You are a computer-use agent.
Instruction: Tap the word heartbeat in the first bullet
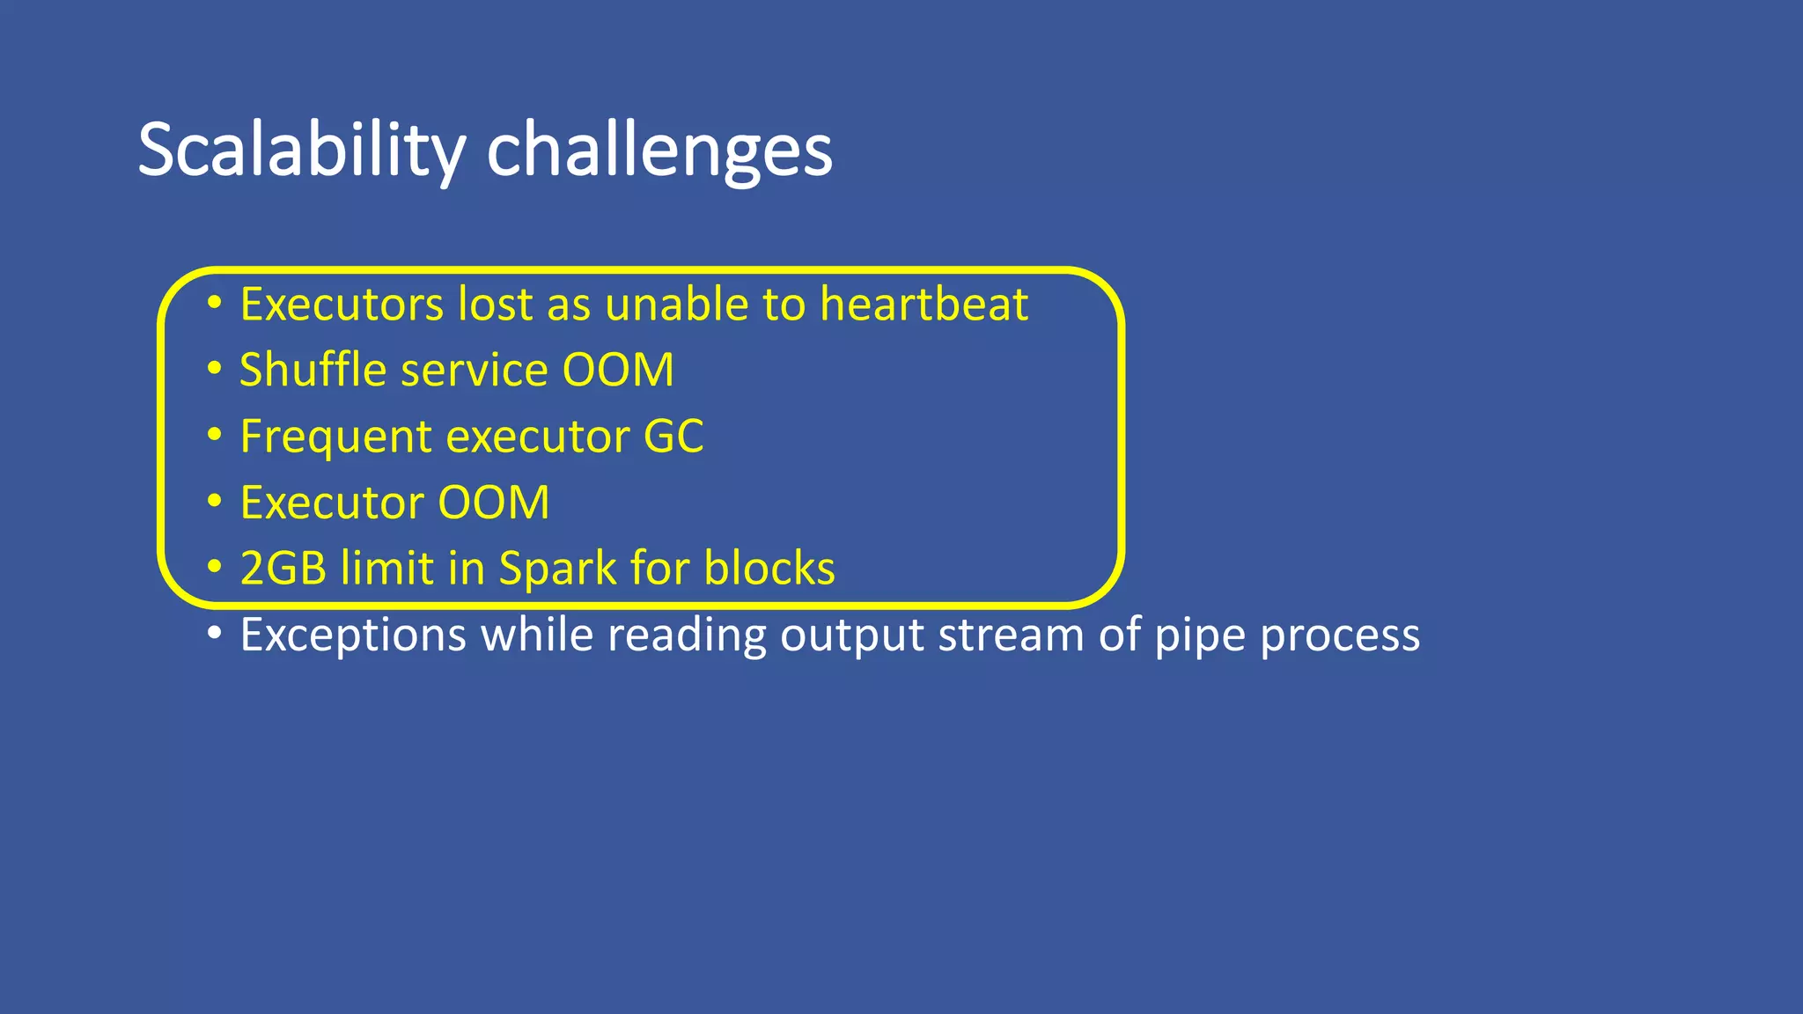pyautogui.click(x=924, y=305)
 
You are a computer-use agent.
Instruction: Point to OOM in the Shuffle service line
pyautogui.click(x=618, y=370)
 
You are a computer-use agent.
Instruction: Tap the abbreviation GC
pyautogui.click(x=673, y=436)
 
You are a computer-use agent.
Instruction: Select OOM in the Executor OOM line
pyautogui.click(x=494, y=503)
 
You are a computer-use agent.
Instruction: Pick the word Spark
pyautogui.click(x=557, y=568)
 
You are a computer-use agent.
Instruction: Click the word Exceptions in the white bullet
pyautogui.click(x=353, y=635)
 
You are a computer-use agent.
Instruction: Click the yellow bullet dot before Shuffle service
pyautogui.click(x=214, y=369)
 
